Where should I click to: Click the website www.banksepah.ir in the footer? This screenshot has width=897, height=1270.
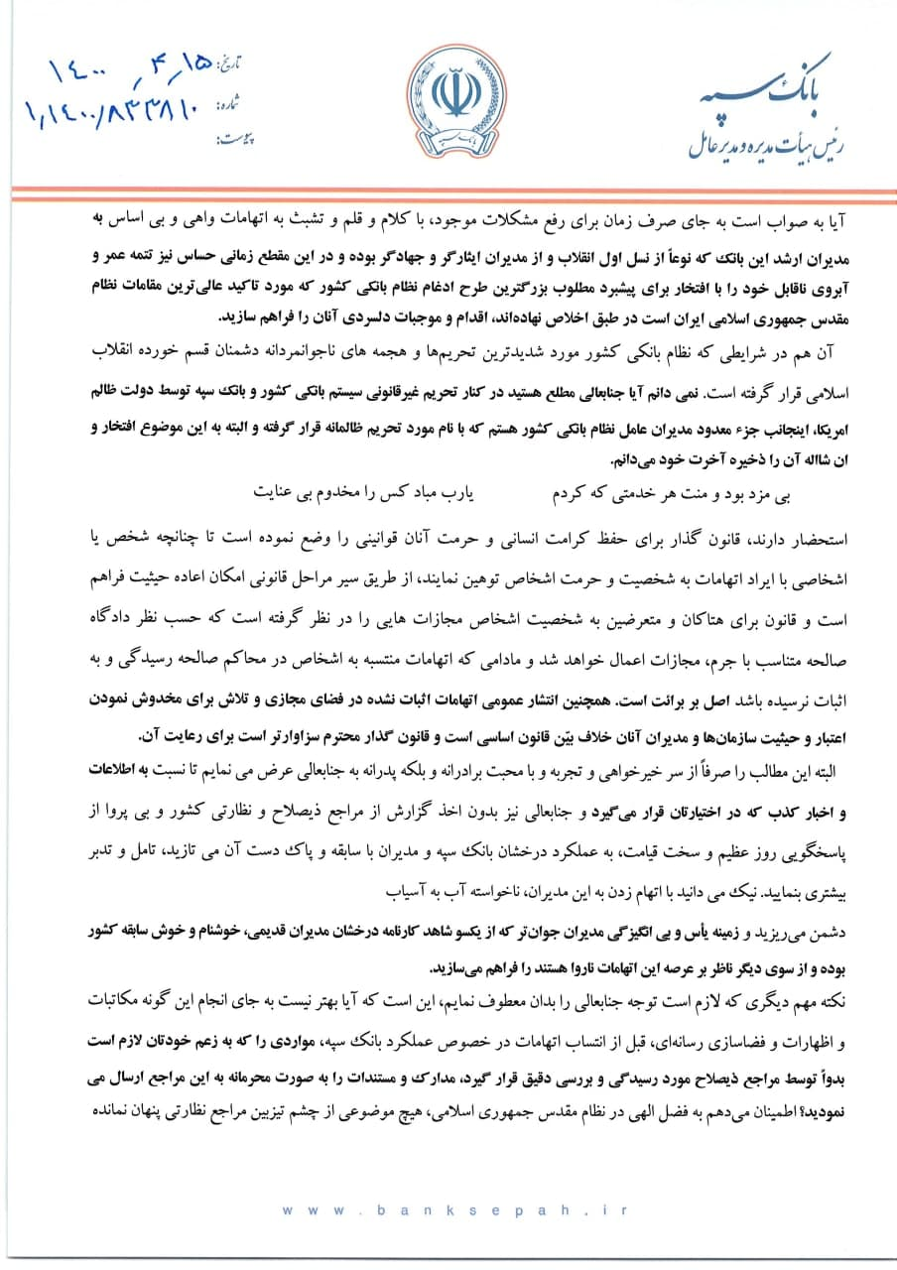click(448, 1210)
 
